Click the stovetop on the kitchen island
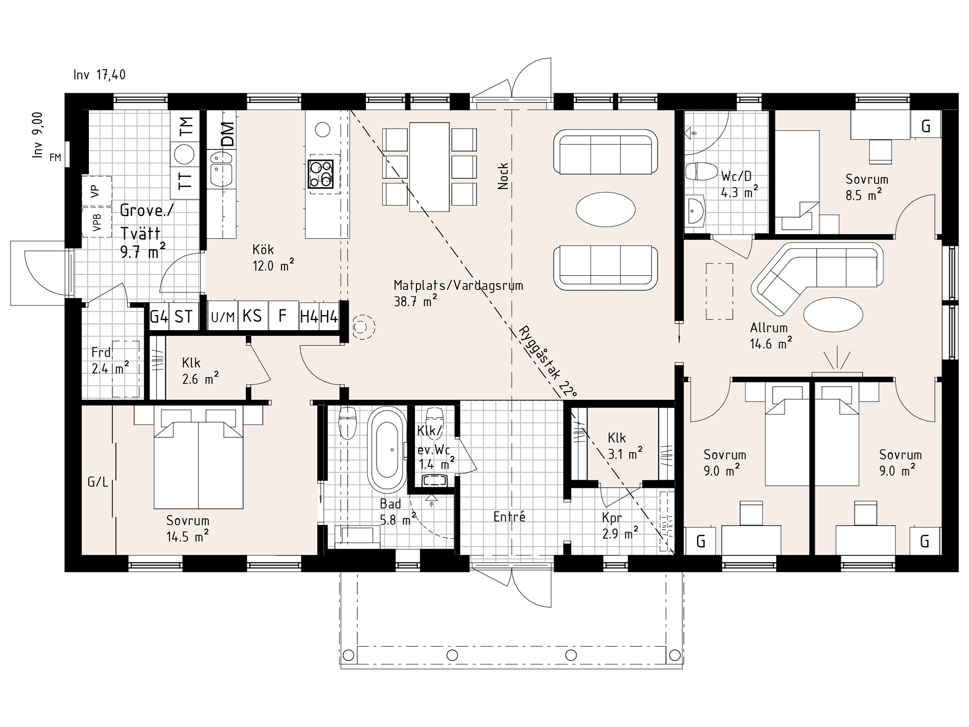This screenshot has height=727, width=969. [x=320, y=174]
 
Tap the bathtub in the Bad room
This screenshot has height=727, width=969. [x=387, y=450]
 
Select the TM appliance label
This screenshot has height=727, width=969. [x=186, y=126]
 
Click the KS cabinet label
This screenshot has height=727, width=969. [x=252, y=316]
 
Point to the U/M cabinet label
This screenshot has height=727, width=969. [x=223, y=317]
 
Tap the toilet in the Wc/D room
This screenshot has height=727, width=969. [x=701, y=172]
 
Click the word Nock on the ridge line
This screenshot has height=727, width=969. [x=503, y=176]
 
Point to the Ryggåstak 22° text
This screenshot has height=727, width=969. [x=547, y=361]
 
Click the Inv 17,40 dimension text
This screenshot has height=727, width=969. [x=99, y=75]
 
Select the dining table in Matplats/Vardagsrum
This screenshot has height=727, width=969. [x=429, y=167]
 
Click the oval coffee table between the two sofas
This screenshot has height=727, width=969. [x=606, y=210]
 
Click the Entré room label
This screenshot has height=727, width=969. [x=509, y=516]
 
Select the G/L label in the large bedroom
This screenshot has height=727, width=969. [x=98, y=482]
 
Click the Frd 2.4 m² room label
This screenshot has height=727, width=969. [x=110, y=360]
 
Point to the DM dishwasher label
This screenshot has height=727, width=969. [x=228, y=135]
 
